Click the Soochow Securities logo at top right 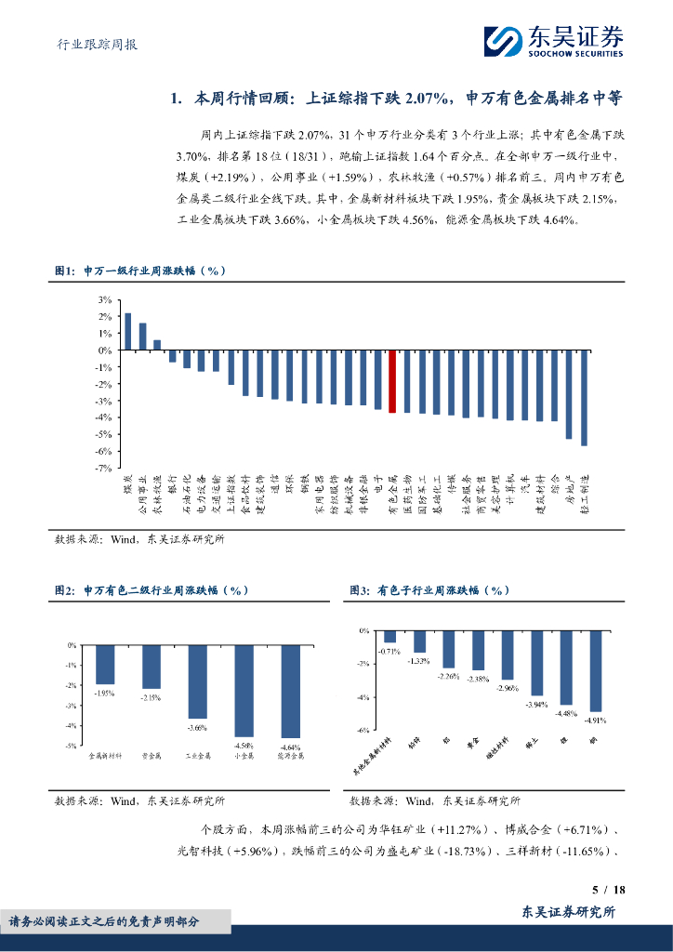click(553, 41)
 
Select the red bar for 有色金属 click(392, 381)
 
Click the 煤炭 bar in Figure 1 click(127, 332)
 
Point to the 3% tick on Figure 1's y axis click(104, 300)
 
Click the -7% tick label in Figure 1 click(103, 468)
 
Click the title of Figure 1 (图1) click(139, 271)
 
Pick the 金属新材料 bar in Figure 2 click(105, 665)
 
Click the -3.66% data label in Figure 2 click(197, 726)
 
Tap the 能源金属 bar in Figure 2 click(290, 691)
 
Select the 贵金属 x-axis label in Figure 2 click(151, 757)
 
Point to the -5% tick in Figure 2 click(71, 746)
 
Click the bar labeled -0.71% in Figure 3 click(390, 637)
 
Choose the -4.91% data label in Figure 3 click(594, 720)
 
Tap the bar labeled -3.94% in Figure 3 click(536, 663)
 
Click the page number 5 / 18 click(609, 890)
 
